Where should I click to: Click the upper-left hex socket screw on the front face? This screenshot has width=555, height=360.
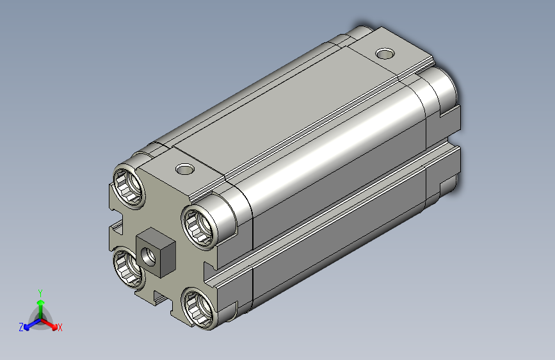tap(129, 186)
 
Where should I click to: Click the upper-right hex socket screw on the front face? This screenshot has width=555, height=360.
tap(198, 226)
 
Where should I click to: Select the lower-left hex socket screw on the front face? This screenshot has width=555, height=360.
tap(128, 268)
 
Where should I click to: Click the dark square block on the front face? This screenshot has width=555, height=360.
tap(156, 252)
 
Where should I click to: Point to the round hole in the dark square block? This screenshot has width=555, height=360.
tap(149, 256)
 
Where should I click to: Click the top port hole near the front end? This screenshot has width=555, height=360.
tap(185, 169)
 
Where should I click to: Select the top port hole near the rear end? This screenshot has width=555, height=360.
tap(385, 54)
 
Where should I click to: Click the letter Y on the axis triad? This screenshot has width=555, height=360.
tap(40, 293)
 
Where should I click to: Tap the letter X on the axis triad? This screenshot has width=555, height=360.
tap(60, 328)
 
